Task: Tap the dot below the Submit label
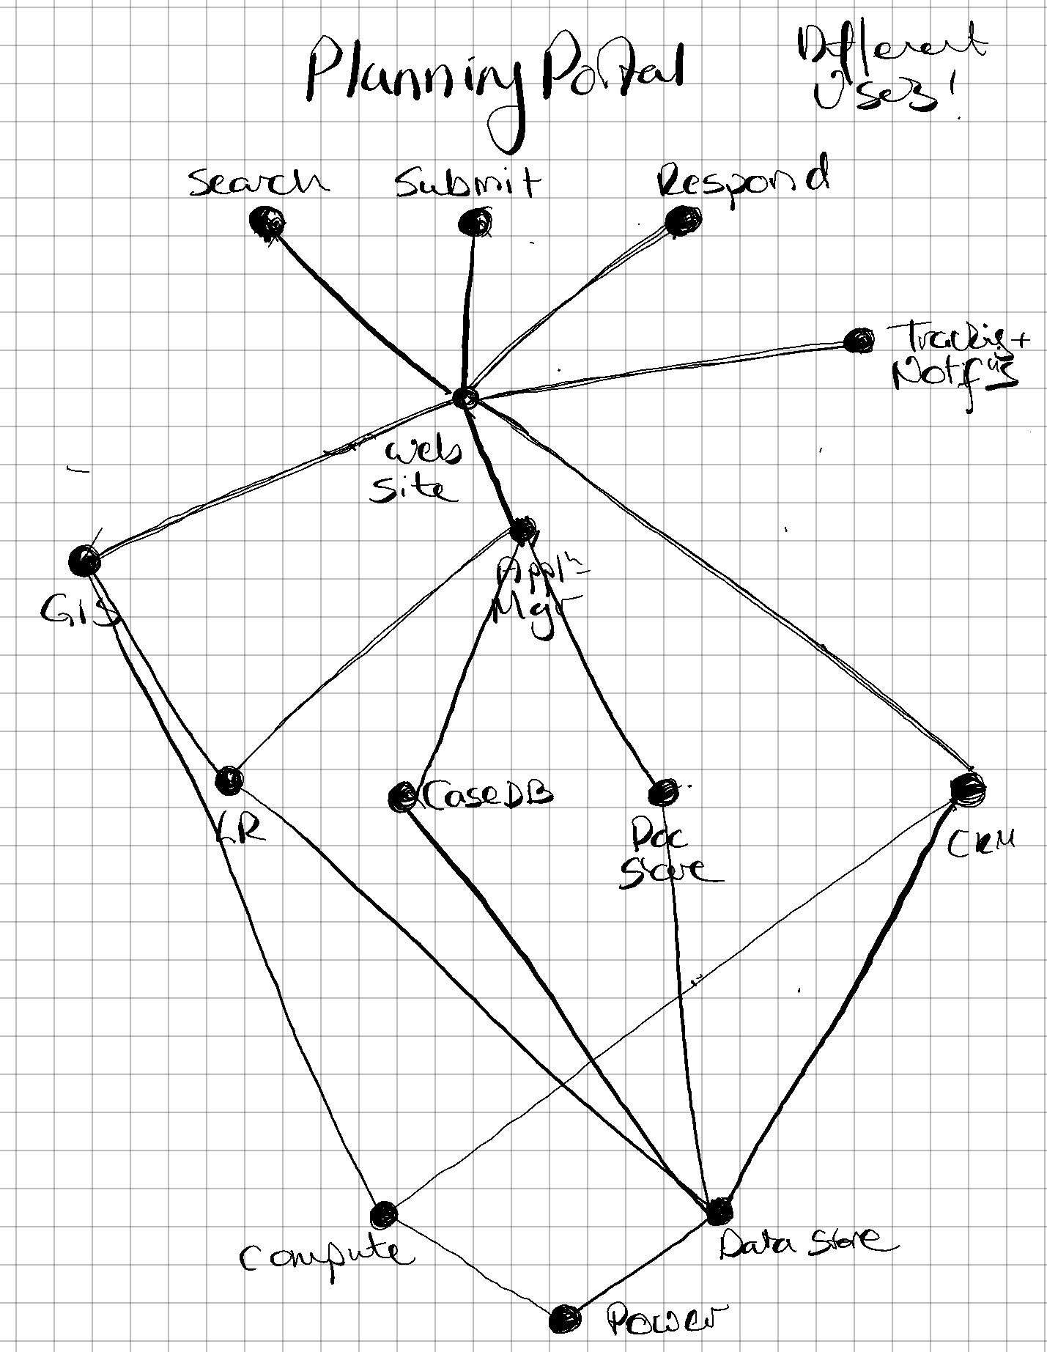[474, 222]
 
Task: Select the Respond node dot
[682, 219]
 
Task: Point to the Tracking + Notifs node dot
[858, 340]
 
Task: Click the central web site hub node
[465, 399]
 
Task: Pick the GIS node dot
[84, 561]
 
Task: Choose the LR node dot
[229, 780]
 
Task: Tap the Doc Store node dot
[663, 792]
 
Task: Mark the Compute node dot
[383, 1214]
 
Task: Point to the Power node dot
[565, 1319]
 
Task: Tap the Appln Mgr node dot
[522, 530]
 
